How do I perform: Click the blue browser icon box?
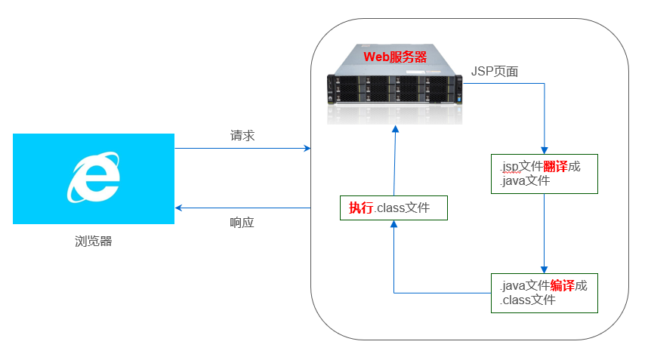(x=94, y=179)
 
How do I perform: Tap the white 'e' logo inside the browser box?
(x=94, y=178)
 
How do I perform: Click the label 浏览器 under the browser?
(x=94, y=242)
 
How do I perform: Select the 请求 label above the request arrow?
(x=242, y=136)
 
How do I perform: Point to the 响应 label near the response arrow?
(x=242, y=223)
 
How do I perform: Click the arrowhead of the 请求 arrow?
(x=307, y=149)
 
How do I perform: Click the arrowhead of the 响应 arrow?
(x=179, y=208)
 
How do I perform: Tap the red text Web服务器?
(x=395, y=57)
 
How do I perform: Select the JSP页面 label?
(x=495, y=71)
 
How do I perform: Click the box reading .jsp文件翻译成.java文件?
(x=544, y=174)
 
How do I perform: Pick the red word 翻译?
(x=555, y=166)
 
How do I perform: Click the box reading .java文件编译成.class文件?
(x=544, y=293)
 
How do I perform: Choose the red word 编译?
(x=562, y=286)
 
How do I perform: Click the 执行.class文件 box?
(x=393, y=208)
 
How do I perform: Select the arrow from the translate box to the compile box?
(x=544, y=234)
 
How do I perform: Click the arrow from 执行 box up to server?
(x=393, y=162)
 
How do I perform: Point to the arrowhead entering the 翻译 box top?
(x=544, y=149)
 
